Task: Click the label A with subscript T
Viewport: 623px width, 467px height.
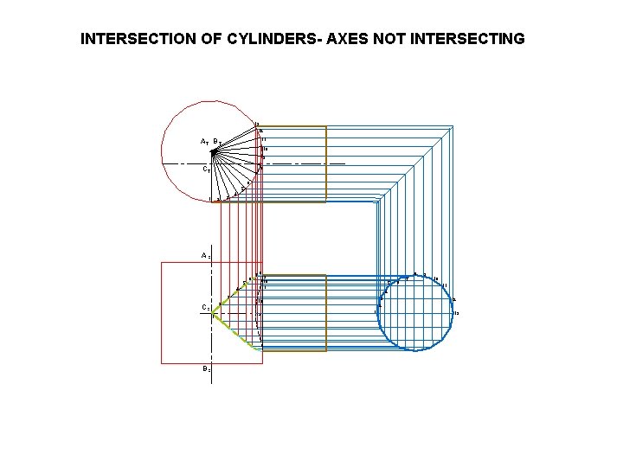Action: click(x=203, y=142)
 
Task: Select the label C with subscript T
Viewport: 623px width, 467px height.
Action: click(x=207, y=170)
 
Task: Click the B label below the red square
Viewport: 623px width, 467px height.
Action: click(x=206, y=369)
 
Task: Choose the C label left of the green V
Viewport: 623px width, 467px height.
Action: click(x=205, y=308)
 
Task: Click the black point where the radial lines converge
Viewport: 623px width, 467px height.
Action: click(x=214, y=153)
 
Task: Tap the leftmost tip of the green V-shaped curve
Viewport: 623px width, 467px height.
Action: click(x=213, y=313)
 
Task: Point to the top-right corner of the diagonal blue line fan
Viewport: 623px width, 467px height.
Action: click(x=453, y=126)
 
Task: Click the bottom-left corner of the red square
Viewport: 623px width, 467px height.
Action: click(x=162, y=363)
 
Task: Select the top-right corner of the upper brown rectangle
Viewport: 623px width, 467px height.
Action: click(x=326, y=127)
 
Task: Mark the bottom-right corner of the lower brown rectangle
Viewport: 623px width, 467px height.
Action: click(x=326, y=350)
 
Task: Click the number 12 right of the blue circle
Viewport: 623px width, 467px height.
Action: click(x=455, y=313)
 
